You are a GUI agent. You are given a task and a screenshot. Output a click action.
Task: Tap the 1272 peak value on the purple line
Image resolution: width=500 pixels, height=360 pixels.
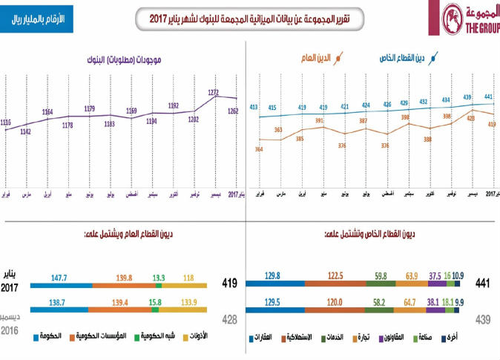[x=214, y=93]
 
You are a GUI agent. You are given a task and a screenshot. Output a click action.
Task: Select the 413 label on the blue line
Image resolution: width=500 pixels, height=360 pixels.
[x=253, y=108]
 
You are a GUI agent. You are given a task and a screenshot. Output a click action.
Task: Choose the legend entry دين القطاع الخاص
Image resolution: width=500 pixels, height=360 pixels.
[x=408, y=57]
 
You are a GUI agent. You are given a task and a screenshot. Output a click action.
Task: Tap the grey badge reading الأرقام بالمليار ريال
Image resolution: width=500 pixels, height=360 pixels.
[x=39, y=19]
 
